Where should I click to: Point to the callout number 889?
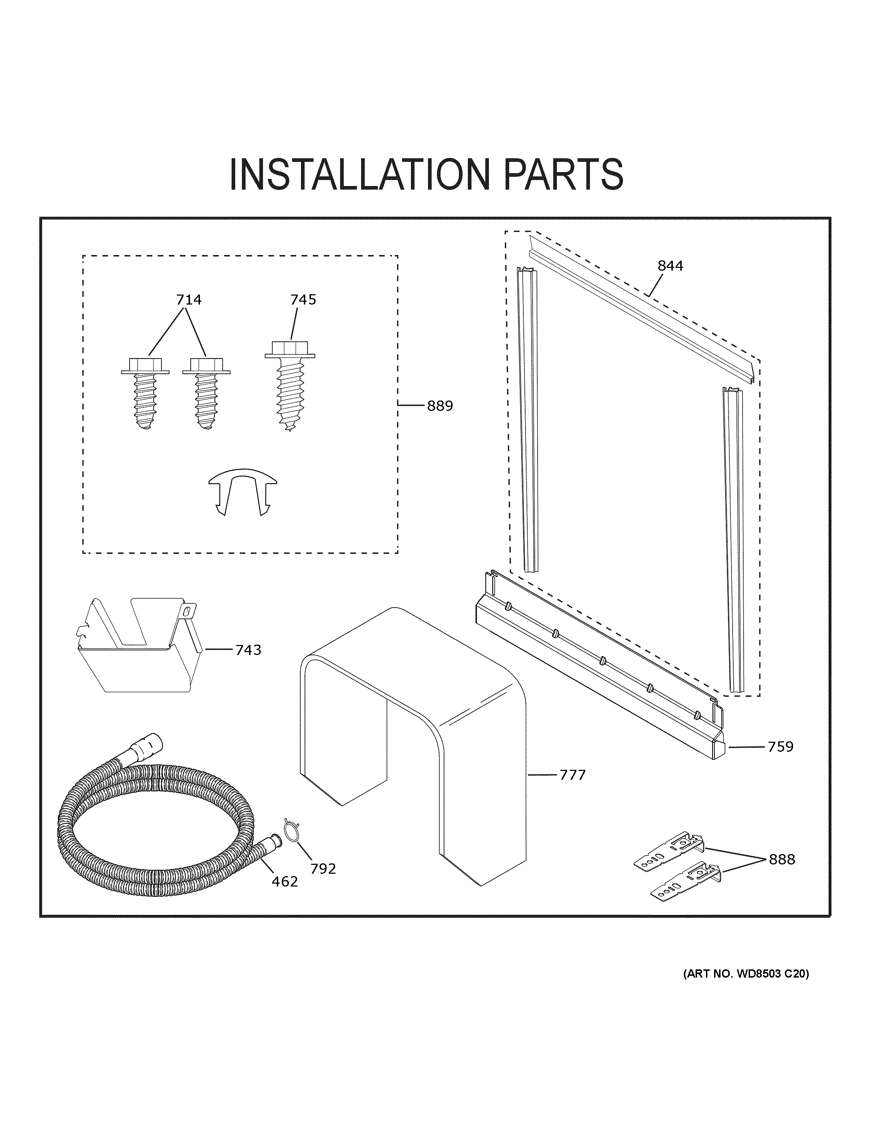click(440, 406)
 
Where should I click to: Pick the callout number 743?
click(248, 650)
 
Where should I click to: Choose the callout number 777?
click(573, 789)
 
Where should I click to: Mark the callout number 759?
click(780, 747)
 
